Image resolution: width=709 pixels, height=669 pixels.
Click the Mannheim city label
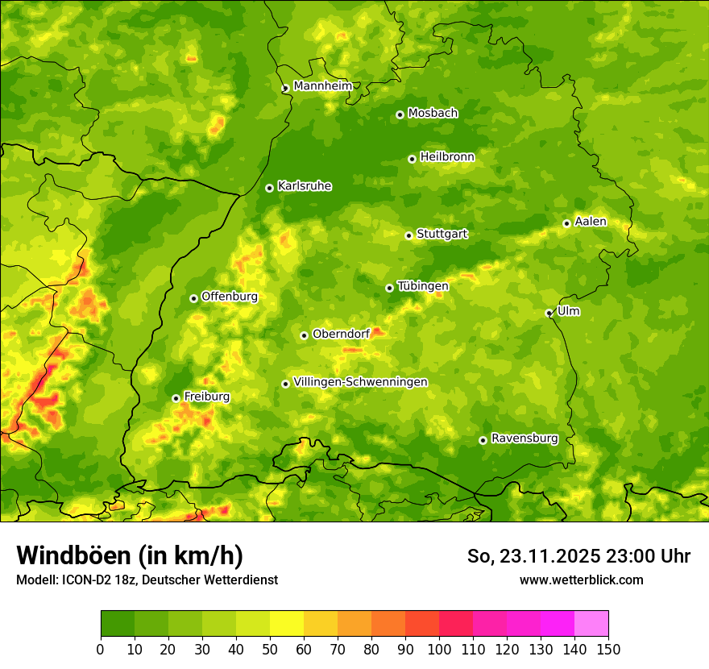click(x=322, y=86)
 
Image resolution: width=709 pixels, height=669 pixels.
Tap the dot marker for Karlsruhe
click(x=269, y=188)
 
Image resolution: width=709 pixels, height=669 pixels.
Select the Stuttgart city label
click(x=442, y=235)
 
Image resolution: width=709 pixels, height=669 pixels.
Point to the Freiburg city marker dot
click(x=176, y=398)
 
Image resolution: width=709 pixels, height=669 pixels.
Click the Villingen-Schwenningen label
click(x=360, y=382)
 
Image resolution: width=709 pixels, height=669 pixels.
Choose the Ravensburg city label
click(x=524, y=438)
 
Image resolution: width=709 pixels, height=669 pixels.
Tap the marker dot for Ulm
click(x=549, y=313)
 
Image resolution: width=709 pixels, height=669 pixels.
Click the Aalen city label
click(x=591, y=222)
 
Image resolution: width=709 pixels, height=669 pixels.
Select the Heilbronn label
click(x=447, y=157)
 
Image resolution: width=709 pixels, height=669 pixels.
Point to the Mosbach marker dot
click(x=400, y=114)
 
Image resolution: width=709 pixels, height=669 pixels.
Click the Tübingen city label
click(x=423, y=286)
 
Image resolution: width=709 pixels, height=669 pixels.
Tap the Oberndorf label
click(x=341, y=334)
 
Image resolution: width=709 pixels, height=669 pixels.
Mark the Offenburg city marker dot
click(x=193, y=298)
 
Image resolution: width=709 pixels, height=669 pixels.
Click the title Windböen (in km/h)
click(x=129, y=555)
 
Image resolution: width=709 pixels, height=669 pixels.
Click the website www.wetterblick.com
click(x=581, y=580)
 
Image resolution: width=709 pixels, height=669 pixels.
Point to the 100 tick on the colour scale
click(x=438, y=649)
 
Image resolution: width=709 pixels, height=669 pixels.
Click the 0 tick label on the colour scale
click(x=101, y=649)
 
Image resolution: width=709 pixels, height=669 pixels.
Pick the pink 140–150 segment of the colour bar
click(x=591, y=624)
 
